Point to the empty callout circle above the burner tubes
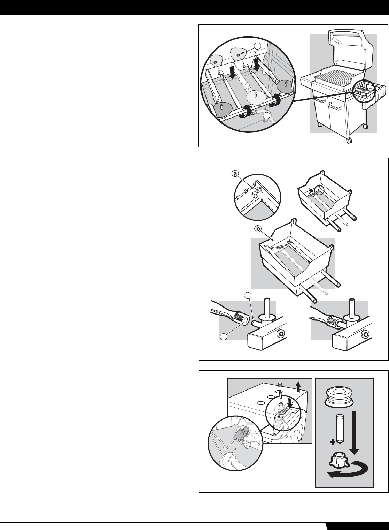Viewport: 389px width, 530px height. [257, 46]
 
